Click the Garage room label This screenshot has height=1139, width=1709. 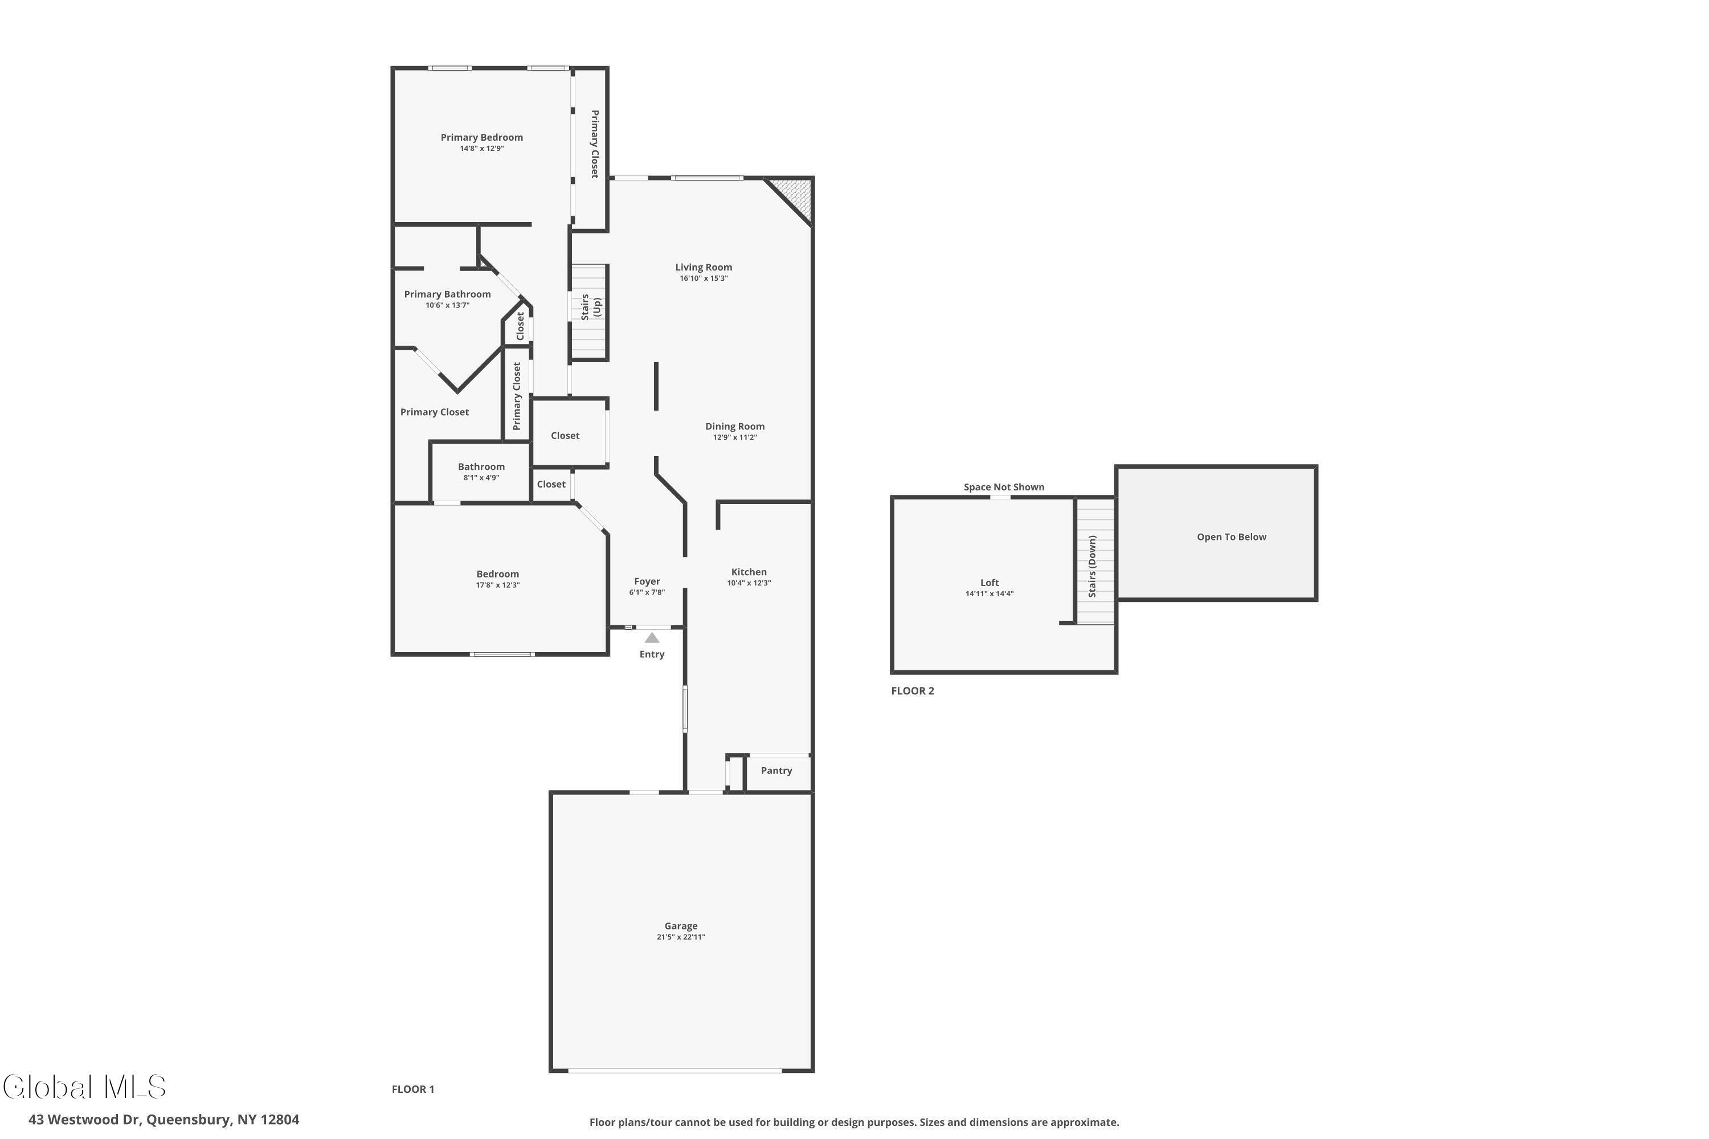(x=680, y=925)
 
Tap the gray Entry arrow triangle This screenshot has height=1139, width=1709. (x=652, y=638)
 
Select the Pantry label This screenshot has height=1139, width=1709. (x=776, y=770)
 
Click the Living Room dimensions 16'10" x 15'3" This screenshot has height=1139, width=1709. (x=704, y=278)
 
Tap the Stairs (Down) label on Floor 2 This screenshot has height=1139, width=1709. (x=1092, y=567)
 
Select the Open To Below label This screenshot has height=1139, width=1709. (x=1231, y=537)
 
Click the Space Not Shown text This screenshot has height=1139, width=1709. (x=1003, y=487)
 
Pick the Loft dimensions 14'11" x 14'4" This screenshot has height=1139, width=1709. (x=989, y=593)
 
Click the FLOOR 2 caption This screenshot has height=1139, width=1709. (x=912, y=691)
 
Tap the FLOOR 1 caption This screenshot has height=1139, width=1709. (x=412, y=1089)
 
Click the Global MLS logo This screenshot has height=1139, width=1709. (x=85, y=1087)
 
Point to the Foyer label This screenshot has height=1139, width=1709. (x=647, y=581)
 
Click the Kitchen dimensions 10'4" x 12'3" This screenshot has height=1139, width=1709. (x=749, y=583)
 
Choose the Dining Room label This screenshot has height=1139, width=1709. (x=735, y=427)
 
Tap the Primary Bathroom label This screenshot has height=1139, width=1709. (x=447, y=294)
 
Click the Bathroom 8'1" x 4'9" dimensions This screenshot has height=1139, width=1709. (x=481, y=478)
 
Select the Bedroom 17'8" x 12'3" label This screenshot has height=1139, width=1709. (x=498, y=574)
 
